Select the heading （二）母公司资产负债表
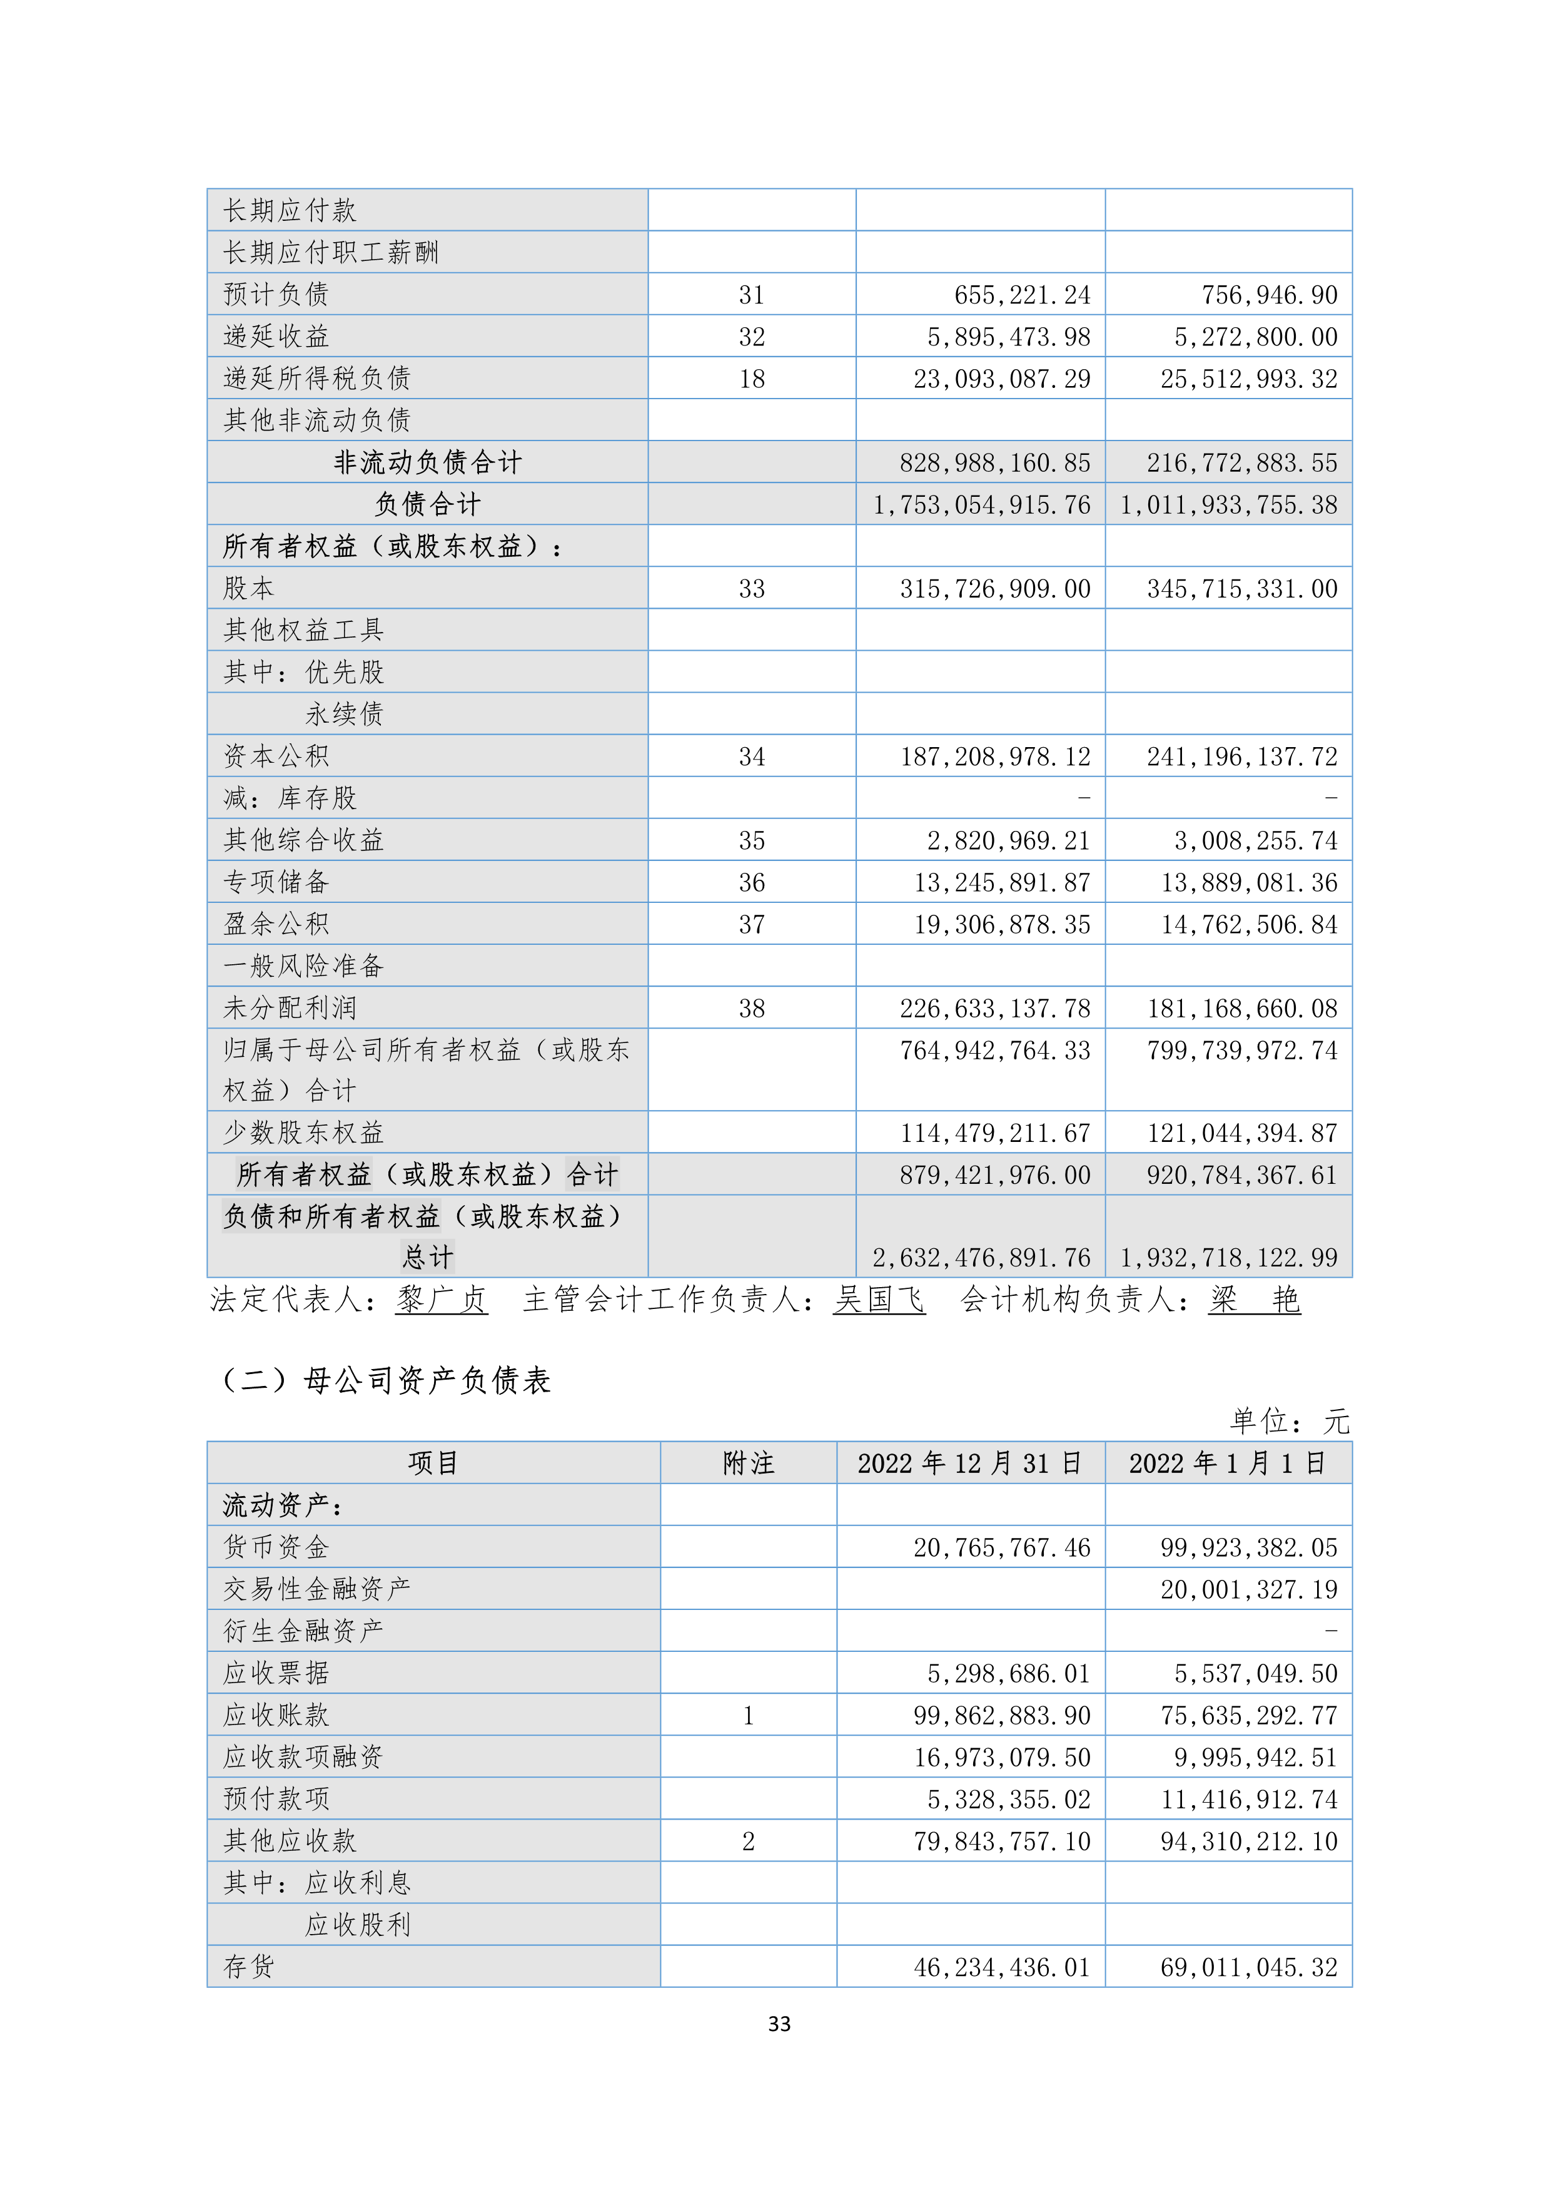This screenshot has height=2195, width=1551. click(x=386, y=1380)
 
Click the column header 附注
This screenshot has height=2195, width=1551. click(x=748, y=1463)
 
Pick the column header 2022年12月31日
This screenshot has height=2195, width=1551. click(x=970, y=1463)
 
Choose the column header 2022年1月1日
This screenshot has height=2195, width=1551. click(x=1228, y=1463)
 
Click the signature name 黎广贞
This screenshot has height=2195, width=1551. click(x=442, y=1299)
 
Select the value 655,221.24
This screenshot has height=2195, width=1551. click(x=1021, y=295)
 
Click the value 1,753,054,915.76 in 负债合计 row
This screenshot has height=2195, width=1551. click(x=981, y=505)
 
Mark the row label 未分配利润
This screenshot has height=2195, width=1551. click(x=290, y=1007)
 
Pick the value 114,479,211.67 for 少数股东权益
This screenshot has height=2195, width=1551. click(x=995, y=1133)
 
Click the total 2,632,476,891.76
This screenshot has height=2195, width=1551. click(x=981, y=1257)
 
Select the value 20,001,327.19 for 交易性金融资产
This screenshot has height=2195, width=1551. click(x=1249, y=1589)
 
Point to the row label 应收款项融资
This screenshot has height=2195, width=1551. click(x=303, y=1756)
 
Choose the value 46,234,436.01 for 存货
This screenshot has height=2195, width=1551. click(x=1001, y=1967)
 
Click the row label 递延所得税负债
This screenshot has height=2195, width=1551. click(x=316, y=379)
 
